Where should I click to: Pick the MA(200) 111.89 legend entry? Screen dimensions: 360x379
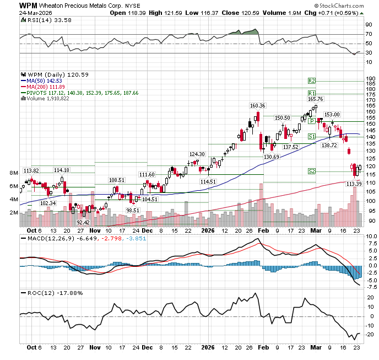click(45, 87)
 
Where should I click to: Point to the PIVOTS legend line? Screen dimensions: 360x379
click(77, 93)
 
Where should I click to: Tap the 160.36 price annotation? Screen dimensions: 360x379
click(257, 105)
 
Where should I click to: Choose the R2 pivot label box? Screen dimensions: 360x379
click(311, 80)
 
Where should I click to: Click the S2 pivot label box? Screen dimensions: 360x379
click(311, 171)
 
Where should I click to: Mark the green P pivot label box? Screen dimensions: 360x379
click(312, 121)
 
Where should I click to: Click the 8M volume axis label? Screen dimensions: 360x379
click(14, 173)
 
